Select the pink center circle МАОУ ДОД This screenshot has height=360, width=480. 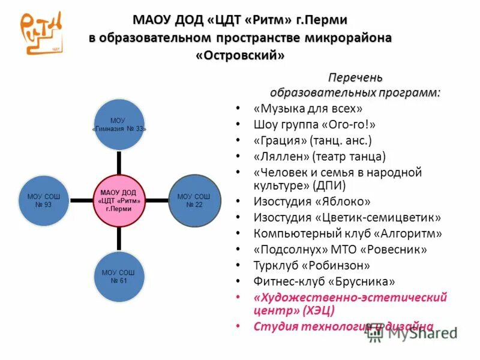pos(119,200)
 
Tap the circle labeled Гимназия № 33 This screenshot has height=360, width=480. pos(119,125)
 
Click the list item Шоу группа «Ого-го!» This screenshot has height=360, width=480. pos(314,125)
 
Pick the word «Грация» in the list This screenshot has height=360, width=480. pos(280,140)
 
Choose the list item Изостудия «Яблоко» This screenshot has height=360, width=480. pos(312,202)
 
